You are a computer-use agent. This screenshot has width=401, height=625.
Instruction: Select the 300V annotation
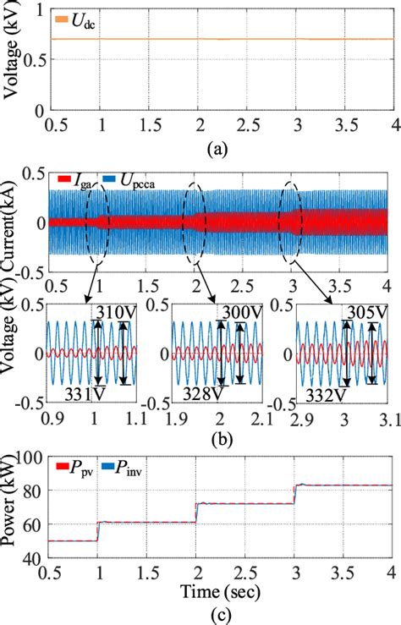coord(241,313)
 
